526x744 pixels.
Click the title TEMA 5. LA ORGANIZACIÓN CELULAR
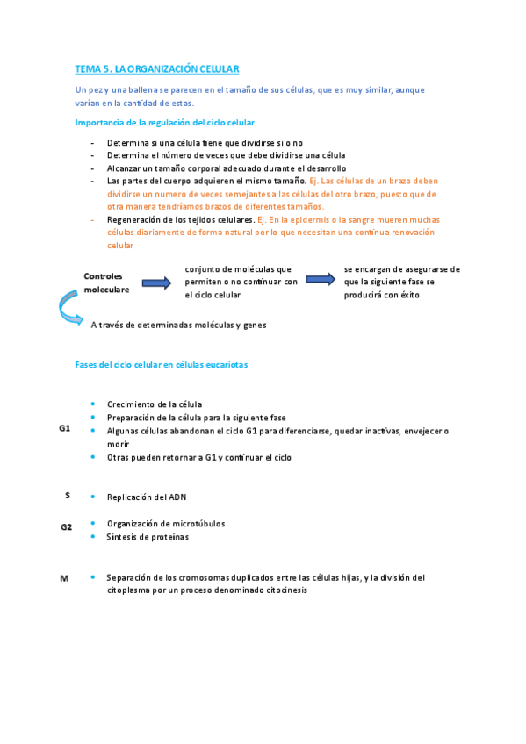tap(157, 68)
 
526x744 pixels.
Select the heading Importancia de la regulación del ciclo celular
tap(165, 122)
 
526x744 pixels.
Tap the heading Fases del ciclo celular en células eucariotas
tap(162, 365)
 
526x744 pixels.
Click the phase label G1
tap(65, 428)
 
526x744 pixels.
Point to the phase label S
tap(68, 495)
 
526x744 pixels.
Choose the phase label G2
tap(67, 526)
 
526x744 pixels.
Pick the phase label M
tap(64, 578)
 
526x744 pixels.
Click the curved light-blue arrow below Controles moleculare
tap(69, 308)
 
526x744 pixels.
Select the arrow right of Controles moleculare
tap(156, 283)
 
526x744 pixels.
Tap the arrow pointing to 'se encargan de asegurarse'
tap(321, 279)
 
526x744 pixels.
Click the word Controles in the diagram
tap(104, 275)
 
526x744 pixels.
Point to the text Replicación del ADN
tap(146, 497)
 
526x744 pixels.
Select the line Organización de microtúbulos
tap(166, 524)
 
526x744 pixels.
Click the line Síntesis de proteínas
tap(148, 537)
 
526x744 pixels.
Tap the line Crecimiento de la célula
tap(155, 404)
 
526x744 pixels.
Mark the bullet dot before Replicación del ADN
tap(93, 496)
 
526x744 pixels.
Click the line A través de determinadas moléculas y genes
tap(178, 325)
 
